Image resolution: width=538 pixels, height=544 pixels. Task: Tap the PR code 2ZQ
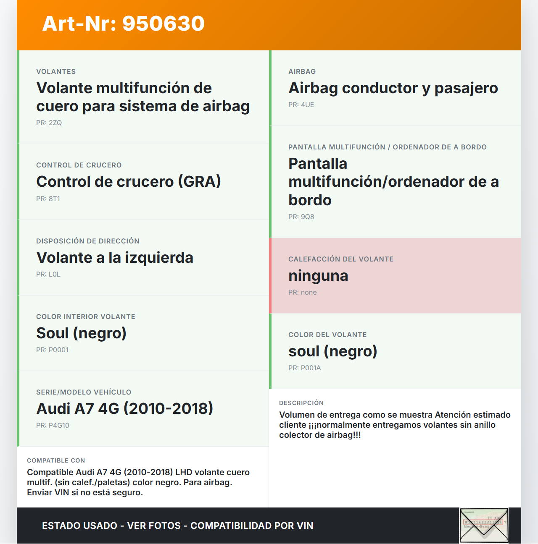(49, 123)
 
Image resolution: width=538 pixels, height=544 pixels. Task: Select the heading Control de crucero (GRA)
(129, 182)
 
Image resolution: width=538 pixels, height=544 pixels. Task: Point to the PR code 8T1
(48, 199)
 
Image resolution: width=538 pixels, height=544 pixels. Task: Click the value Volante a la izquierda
(115, 258)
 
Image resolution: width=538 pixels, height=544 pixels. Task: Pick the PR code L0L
(48, 275)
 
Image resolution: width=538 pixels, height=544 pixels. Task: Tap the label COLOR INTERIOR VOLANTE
(86, 317)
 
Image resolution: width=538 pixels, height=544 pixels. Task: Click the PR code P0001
(53, 350)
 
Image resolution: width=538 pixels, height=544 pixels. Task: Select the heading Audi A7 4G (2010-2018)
(125, 409)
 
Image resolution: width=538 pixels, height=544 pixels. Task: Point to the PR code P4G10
(53, 426)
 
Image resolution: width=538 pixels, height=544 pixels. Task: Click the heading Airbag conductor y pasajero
(393, 88)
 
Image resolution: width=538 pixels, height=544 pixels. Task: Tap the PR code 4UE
(301, 105)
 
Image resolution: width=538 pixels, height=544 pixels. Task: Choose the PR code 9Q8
(301, 217)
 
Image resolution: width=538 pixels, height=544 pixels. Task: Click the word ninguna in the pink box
(318, 276)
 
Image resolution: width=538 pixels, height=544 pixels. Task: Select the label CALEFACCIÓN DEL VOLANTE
(341, 259)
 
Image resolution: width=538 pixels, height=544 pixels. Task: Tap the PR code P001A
(305, 368)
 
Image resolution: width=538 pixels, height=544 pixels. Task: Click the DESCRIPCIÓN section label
(301, 403)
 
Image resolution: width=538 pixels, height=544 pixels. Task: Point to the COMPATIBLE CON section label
(56, 460)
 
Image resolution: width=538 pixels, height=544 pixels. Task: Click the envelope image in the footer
(484, 526)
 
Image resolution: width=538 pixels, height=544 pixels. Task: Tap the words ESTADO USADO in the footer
(79, 526)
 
